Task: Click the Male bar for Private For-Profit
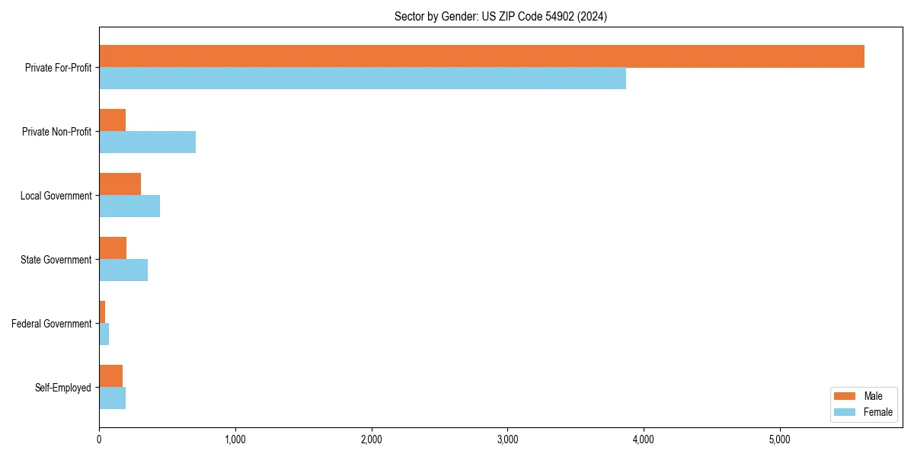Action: pos(481,56)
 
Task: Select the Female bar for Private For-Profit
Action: pos(363,78)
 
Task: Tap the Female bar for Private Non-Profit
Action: pos(147,142)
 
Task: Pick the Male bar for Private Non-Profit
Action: pos(113,120)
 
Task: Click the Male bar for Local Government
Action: pos(120,184)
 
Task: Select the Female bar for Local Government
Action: pos(129,206)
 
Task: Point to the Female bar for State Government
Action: pos(123,270)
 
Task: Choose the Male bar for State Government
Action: pos(113,248)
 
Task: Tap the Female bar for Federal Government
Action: pos(104,334)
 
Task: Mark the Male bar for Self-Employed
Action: pos(111,376)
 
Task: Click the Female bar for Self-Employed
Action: pos(113,398)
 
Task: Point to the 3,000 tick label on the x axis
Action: pos(507,439)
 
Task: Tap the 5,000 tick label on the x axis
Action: pos(779,439)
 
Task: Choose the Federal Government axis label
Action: pos(52,324)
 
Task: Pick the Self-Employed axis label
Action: pos(63,388)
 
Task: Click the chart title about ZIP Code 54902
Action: pos(500,16)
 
